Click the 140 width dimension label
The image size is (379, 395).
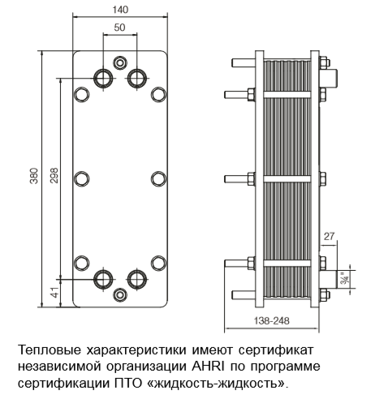click(x=120, y=10)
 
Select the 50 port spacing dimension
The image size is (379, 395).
click(x=119, y=28)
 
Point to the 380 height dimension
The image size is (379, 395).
click(x=34, y=176)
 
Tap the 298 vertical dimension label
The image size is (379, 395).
click(x=54, y=175)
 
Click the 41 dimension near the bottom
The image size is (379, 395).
click(x=55, y=293)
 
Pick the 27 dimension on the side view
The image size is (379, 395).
click(x=329, y=236)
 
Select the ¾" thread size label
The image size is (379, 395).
click(x=345, y=279)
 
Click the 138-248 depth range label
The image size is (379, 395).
click(x=271, y=320)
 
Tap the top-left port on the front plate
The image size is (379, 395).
click(x=103, y=78)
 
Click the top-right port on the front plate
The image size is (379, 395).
click(x=137, y=78)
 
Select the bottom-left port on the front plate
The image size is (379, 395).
click(x=103, y=279)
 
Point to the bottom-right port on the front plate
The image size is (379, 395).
click(x=137, y=279)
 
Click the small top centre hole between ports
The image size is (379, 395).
click(x=120, y=62)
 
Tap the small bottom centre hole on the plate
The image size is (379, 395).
click(x=120, y=294)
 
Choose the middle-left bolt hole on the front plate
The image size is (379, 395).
click(x=81, y=178)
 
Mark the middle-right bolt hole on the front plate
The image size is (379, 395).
click(x=158, y=178)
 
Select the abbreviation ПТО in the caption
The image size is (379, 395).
click(x=127, y=384)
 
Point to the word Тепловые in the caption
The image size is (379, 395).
click(x=50, y=350)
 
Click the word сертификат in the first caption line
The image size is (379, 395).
click(x=276, y=350)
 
